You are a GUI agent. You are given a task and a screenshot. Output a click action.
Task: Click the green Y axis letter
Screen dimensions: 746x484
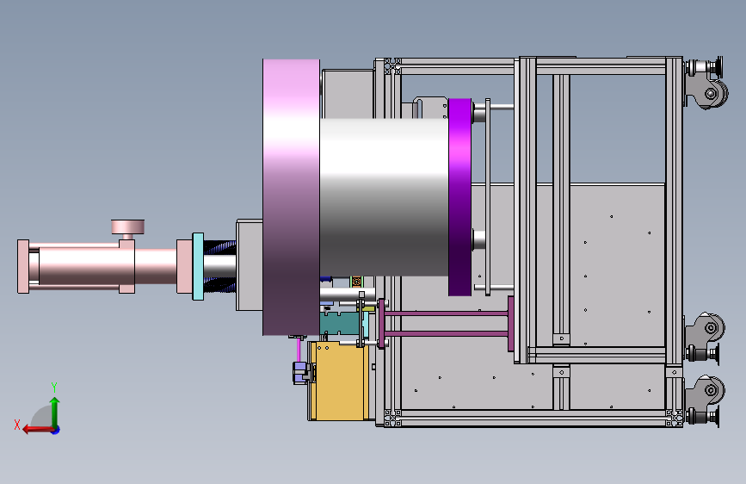54,387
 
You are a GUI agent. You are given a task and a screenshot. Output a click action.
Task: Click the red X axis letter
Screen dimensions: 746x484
17,425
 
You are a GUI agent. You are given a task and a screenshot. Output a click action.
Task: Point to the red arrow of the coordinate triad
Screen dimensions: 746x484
38,430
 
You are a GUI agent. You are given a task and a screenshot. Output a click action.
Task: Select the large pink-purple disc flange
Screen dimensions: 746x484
291,196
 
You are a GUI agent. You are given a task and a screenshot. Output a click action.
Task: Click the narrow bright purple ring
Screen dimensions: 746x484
459,196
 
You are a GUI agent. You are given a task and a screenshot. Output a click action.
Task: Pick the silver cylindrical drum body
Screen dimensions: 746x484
384,196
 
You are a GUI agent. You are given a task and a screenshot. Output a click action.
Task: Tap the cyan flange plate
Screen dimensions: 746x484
198,266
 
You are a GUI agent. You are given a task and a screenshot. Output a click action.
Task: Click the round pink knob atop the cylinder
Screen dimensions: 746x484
127,226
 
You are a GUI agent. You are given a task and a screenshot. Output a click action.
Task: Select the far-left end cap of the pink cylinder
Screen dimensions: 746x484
23,266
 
